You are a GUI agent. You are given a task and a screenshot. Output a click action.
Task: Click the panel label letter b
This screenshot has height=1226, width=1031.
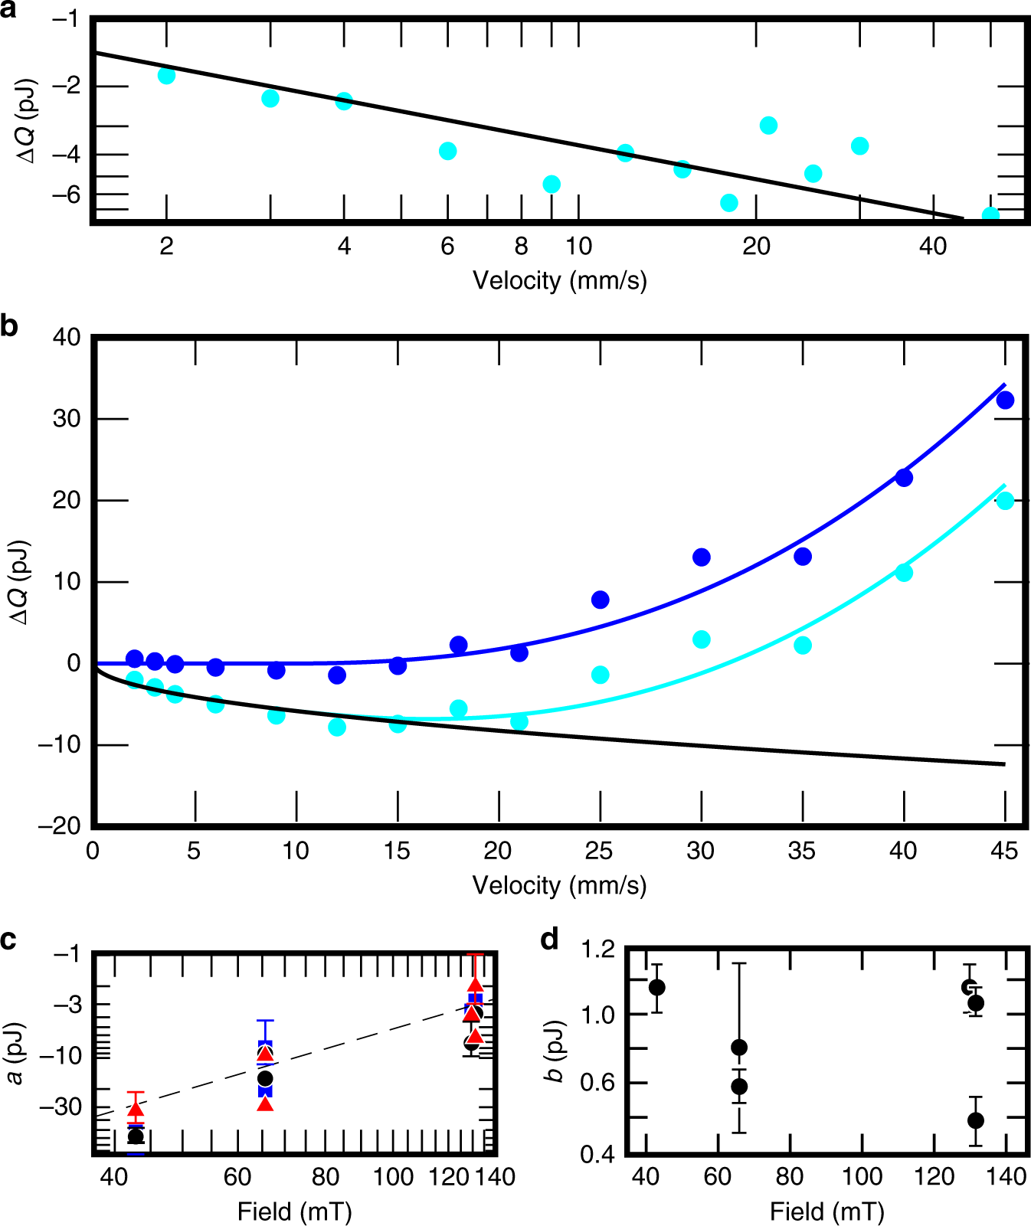click(9, 326)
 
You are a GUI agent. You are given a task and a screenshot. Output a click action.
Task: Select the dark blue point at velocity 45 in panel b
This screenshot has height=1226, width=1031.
click(1005, 400)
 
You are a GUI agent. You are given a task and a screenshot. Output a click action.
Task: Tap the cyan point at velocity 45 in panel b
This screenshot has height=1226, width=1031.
click(1005, 501)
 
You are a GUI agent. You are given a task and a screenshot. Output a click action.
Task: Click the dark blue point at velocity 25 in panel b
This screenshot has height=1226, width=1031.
click(601, 600)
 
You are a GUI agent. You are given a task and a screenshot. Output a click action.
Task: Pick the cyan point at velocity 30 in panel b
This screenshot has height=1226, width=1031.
click(702, 639)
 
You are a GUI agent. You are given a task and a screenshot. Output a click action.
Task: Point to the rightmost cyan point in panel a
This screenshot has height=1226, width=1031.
click(990, 215)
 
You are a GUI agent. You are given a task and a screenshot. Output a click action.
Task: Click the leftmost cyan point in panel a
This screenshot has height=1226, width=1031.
click(166, 75)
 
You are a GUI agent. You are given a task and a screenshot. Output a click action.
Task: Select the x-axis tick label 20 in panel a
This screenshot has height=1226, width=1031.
click(756, 247)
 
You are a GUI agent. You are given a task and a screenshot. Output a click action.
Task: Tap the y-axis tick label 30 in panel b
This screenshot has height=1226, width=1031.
click(67, 419)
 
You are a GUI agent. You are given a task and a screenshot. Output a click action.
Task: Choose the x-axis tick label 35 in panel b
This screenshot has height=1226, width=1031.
click(802, 851)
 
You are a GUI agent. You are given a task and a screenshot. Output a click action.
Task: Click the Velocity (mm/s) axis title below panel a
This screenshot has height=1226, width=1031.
click(560, 280)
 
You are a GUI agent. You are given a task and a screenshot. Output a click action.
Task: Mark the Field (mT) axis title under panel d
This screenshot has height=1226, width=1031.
click(827, 1211)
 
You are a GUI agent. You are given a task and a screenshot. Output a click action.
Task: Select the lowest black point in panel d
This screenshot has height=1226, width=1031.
click(975, 1120)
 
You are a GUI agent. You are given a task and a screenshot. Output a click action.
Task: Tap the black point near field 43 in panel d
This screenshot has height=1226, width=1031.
click(656, 988)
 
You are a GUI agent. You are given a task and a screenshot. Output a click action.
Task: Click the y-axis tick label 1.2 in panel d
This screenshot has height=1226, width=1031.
click(597, 950)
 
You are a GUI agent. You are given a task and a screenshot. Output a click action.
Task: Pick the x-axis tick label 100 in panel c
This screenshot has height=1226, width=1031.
click(393, 1177)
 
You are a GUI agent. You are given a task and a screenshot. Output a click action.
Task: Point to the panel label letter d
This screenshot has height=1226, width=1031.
click(549, 940)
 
